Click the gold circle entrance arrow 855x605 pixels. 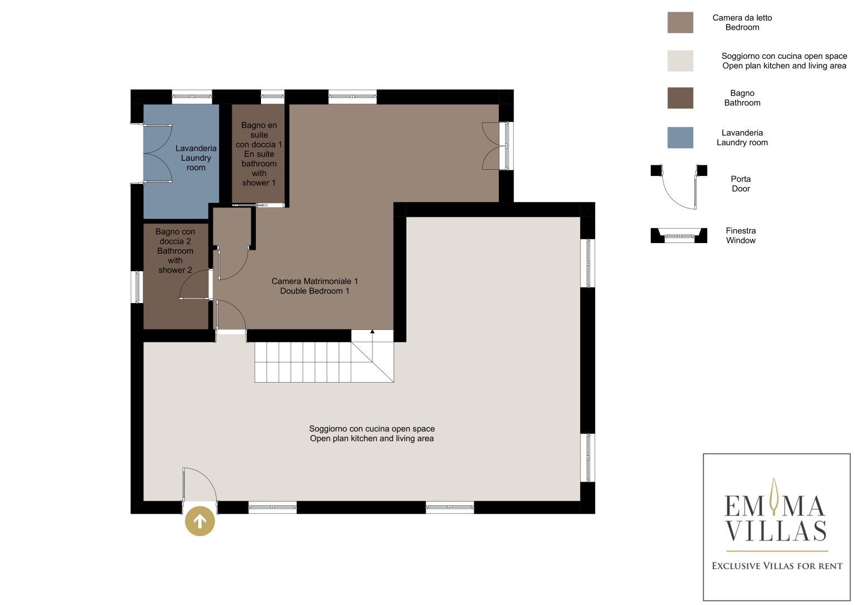(x=200, y=521)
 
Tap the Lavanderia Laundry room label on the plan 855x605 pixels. (x=196, y=158)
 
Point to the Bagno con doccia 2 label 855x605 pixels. (x=175, y=250)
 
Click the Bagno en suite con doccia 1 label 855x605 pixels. (x=259, y=154)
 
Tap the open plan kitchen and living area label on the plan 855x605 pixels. (x=372, y=434)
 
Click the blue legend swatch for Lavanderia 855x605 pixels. (x=680, y=137)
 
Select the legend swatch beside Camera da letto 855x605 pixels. (x=680, y=22)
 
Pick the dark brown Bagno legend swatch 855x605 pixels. (x=680, y=98)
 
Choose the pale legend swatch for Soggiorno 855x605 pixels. (x=680, y=61)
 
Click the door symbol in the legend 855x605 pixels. (x=679, y=187)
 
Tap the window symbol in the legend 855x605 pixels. (x=679, y=235)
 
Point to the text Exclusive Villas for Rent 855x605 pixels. (x=777, y=566)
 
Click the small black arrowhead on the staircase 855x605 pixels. (x=372, y=332)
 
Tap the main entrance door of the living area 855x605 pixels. (x=200, y=486)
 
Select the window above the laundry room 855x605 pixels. (x=192, y=96)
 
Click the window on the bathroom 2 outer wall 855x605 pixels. (x=137, y=287)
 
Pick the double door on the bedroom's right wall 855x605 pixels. (x=497, y=146)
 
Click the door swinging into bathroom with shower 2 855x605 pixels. (x=195, y=284)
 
